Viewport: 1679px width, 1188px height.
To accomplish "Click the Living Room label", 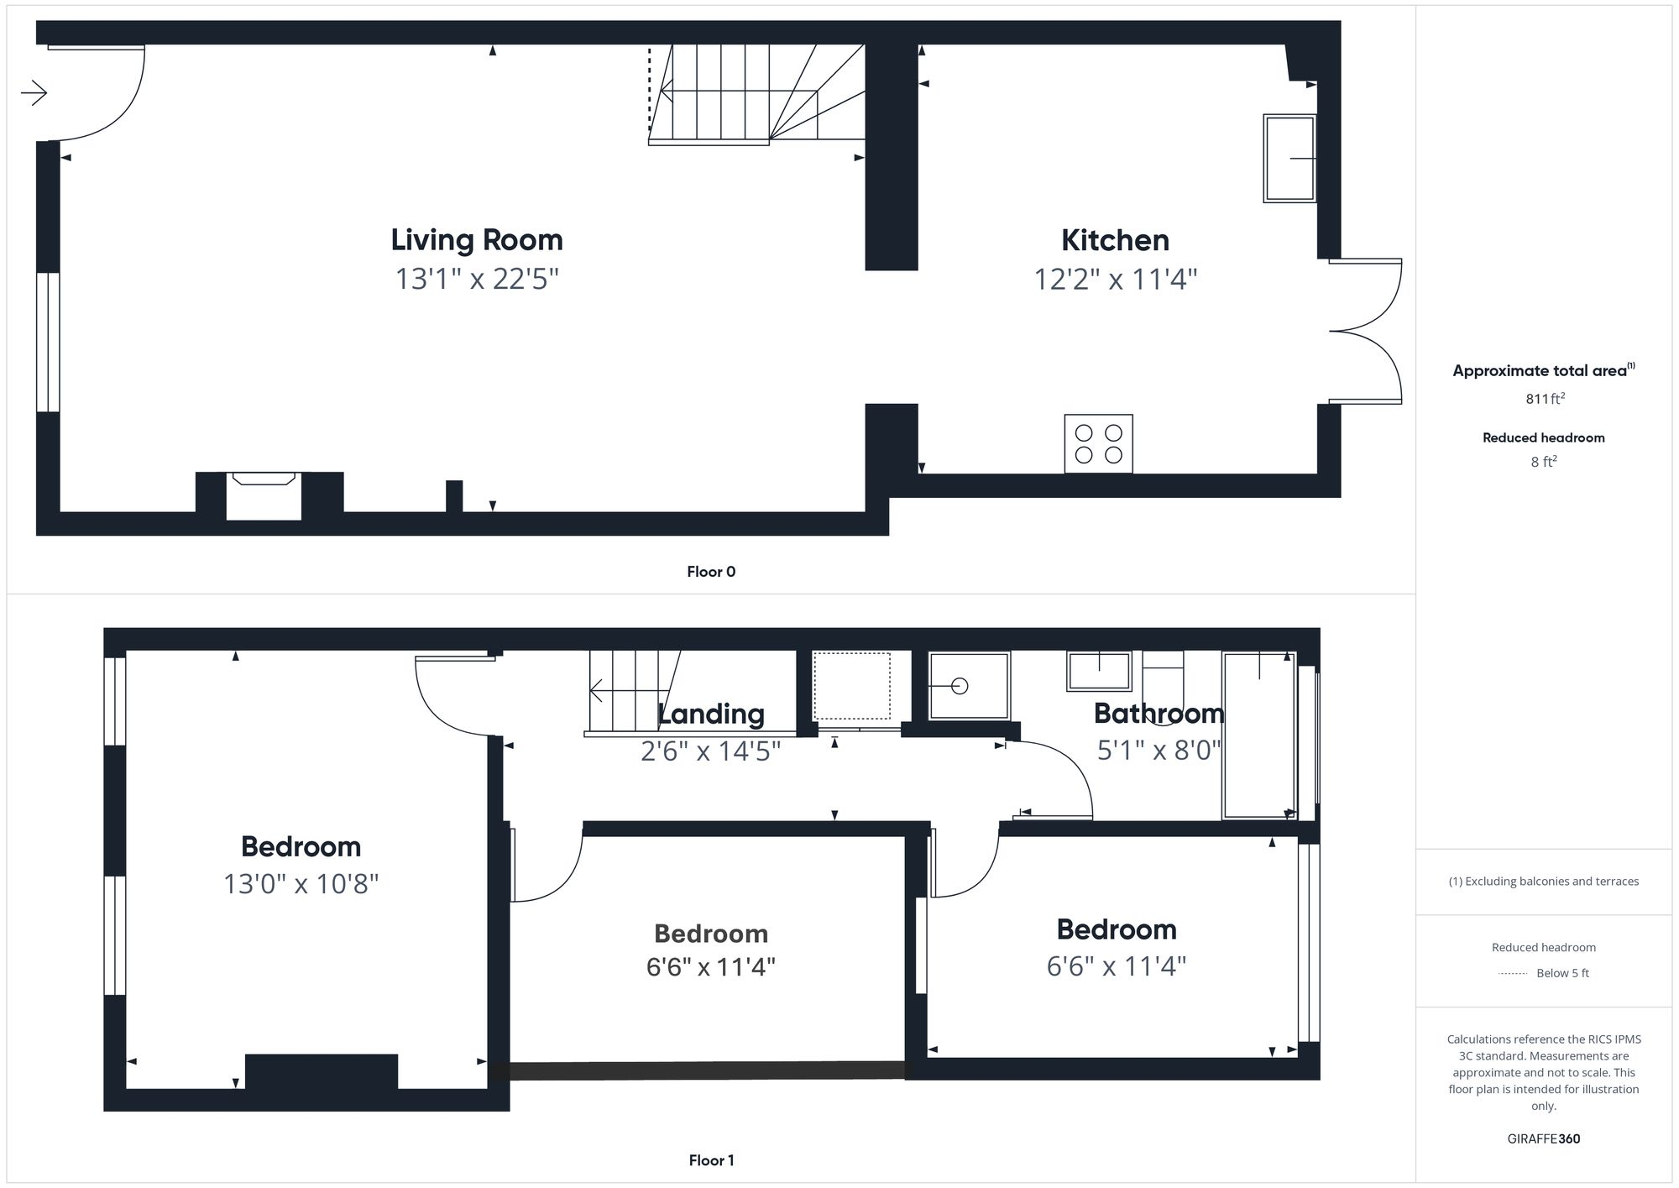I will (x=477, y=240).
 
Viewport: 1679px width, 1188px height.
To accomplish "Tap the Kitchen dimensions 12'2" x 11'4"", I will (x=1115, y=279).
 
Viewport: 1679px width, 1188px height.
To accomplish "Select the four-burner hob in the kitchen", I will (x=1098, y=443).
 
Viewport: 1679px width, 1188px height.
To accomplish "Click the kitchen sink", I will (x=1289, y=158).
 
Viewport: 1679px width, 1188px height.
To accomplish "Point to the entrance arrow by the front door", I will (x=34, y=92).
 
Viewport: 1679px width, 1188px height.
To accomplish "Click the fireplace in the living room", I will (x=264, y=495).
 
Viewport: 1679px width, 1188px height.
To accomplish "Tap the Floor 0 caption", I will (x=711, y=572).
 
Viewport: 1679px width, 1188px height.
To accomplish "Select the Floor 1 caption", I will (x=711, y=1160).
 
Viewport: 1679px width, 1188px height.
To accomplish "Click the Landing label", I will (x=711, y=714).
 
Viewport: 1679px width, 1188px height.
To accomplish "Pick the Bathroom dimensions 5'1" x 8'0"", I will (x=1159, y=750).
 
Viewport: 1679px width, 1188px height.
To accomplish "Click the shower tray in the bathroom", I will (x=969, y=686).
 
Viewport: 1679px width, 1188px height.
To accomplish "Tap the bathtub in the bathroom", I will (x=1258, y=735).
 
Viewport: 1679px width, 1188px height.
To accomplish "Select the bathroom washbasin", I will (x=1099, y=670).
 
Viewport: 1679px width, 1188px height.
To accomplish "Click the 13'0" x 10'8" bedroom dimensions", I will (x=301, y=884).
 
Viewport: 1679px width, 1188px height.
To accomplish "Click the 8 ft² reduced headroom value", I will (x=1543, y=462).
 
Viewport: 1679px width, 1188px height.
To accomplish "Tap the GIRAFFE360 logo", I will (x=1544, y=1138).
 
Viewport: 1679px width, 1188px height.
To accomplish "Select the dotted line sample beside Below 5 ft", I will (x=1513, y=974).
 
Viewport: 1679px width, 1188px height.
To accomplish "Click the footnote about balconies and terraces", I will (x=1543, y=882).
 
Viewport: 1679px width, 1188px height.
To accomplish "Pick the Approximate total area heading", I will (x=1543, y=371).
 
